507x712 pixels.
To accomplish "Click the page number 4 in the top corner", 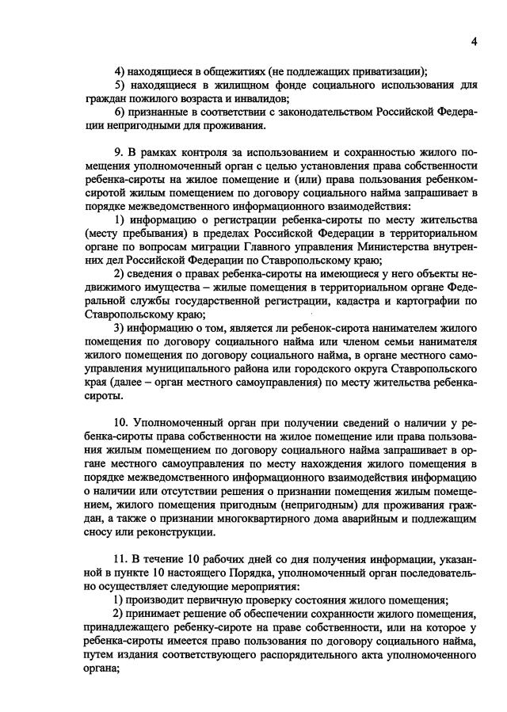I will (473, 41).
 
